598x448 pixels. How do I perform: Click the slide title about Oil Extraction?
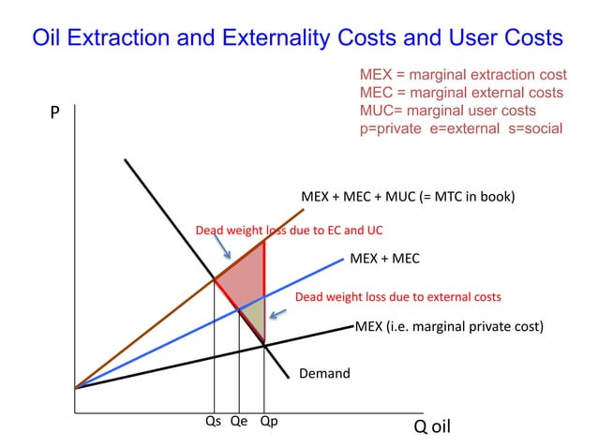click(x=297, y=38)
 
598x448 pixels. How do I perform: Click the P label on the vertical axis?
click(x=54, y=113)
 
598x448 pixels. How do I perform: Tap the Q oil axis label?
click(x=432, y=426)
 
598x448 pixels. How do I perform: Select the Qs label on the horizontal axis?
click(x=214, y=422)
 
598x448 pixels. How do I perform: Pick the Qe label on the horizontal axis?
click(x=239, y=422)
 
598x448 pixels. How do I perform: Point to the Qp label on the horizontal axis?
click(x=268, y=422)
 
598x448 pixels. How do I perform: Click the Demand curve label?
click(x=323, y=374)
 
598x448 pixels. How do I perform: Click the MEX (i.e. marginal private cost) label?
click(x=449, y=327)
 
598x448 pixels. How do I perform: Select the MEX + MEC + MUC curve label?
click(x=408, y=198)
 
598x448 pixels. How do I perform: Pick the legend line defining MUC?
click(x=448, y=111)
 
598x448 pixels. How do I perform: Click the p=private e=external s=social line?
click(x=461, y=128)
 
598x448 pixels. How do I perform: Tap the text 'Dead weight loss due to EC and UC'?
click(x=289, y=230)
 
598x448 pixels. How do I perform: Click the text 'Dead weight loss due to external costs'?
click(x=398, y=297)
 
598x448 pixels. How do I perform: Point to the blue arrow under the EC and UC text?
click(x=225, y=248)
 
